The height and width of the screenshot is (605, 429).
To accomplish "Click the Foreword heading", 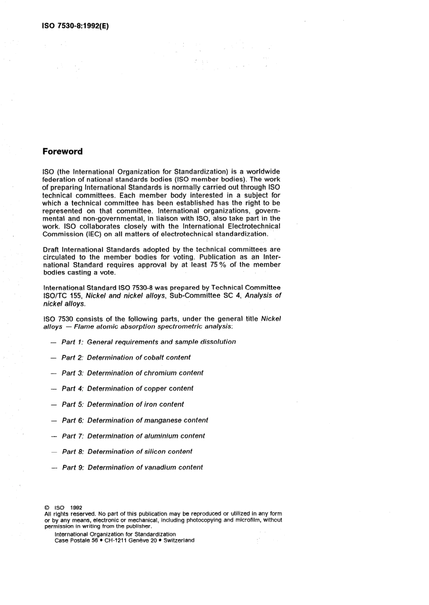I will (x=62, y=152).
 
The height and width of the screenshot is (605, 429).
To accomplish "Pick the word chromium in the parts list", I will (x=160, y=373).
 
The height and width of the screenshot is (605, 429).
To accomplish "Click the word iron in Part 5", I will (x=150, y=404).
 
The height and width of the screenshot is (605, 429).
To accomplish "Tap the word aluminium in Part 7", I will (x=161, y=436).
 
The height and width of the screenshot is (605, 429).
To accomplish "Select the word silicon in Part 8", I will (x=155, y=452).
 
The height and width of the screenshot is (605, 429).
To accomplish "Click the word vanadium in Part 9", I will (x=160, y=467).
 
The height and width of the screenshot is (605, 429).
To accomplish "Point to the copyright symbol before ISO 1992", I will (x=47, y=508).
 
